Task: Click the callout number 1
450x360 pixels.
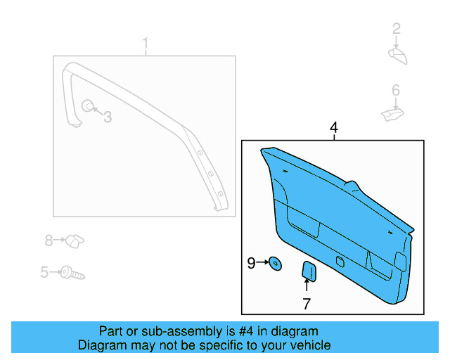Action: point(146,46)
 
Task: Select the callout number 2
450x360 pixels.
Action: point(397,29)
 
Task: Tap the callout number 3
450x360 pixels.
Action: point(108,117)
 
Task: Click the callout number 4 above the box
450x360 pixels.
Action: point(334,128)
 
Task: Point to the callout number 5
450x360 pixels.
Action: point(44,272)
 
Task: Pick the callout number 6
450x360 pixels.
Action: point(396,90)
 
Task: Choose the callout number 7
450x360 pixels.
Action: point(307,304)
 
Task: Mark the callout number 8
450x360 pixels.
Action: point(49,241)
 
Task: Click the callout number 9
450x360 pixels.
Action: point(251,264)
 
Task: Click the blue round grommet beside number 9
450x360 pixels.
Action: point(276,264)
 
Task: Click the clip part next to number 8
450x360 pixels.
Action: point(75,241)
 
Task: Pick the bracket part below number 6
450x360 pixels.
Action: point(392,112)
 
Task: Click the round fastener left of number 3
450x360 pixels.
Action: point(88,106)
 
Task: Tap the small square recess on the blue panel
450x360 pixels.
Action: point(340,262)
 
